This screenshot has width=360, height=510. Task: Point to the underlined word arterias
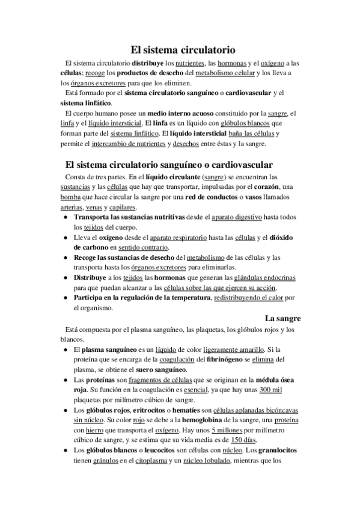point(75,207)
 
